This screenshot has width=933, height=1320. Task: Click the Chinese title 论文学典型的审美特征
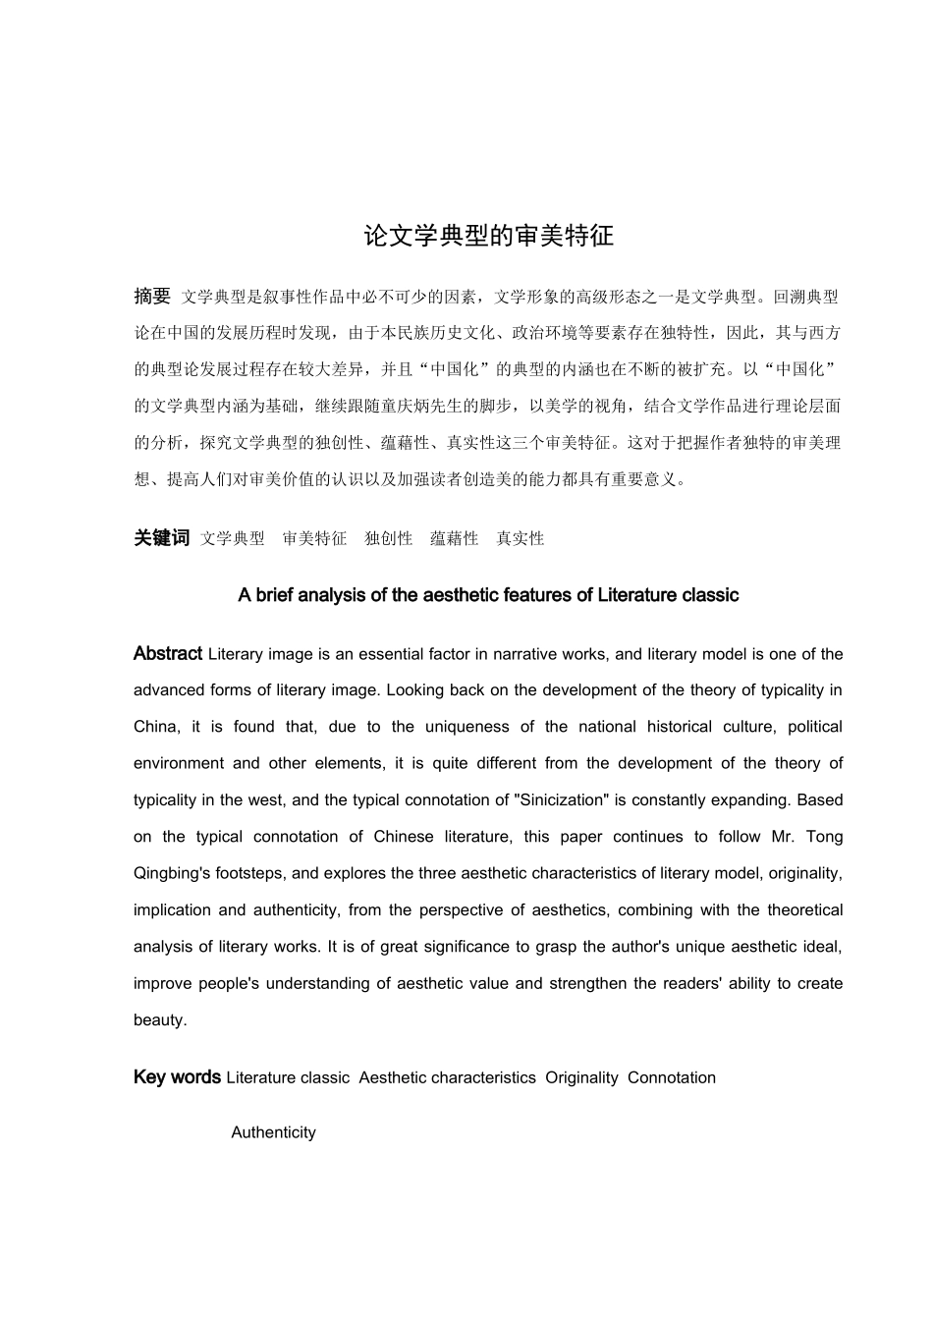point(488,237)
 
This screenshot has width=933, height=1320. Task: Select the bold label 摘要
point(152,297)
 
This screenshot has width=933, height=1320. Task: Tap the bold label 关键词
point(161,538)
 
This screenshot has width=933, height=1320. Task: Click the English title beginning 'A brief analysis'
point(488,595)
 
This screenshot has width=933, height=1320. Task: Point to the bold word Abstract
point(168,654)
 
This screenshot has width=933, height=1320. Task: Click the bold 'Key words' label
point(177,1077)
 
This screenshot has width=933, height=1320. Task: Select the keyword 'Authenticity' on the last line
point(273,1132)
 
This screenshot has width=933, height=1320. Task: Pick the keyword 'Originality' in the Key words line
point(581,1077)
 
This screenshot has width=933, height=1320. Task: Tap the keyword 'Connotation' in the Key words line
point(672,1077)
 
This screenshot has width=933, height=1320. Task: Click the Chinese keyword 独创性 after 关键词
point(388,538)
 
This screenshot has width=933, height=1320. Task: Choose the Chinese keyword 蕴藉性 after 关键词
point(454,538)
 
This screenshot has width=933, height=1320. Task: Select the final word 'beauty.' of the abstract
point(160,1019)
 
